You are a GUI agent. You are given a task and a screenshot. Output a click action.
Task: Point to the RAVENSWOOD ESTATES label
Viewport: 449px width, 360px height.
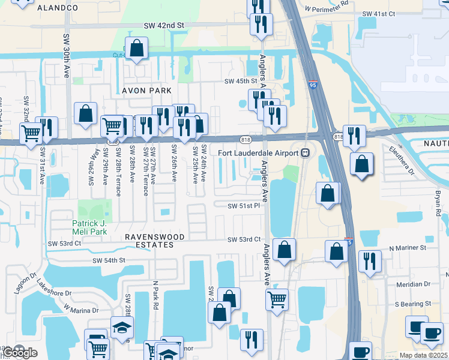(x=149, y=241)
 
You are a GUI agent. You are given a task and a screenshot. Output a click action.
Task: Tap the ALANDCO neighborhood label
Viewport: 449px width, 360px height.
(x=58, y=8)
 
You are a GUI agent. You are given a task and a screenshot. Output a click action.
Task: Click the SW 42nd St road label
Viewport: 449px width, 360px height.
(x=163, y=25)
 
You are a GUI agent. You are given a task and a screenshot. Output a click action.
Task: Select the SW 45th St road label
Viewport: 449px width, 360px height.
(x=240, y=81)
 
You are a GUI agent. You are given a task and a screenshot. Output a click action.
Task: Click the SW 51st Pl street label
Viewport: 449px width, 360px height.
(x=243, y=205)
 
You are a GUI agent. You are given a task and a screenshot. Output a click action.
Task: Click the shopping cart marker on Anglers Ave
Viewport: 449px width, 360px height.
(x=277, y=298)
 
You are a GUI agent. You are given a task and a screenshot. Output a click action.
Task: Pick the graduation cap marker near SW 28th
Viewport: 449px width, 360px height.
(x=122, y=328)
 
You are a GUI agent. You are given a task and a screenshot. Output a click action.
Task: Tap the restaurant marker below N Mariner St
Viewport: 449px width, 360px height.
(x=369, y=261)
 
